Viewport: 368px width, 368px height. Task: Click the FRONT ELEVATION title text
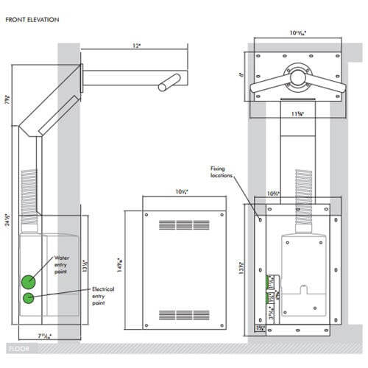click(32, 19)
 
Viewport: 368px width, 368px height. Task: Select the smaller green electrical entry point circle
click(29, 298)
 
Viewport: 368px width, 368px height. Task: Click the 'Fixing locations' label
click(222, 171)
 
